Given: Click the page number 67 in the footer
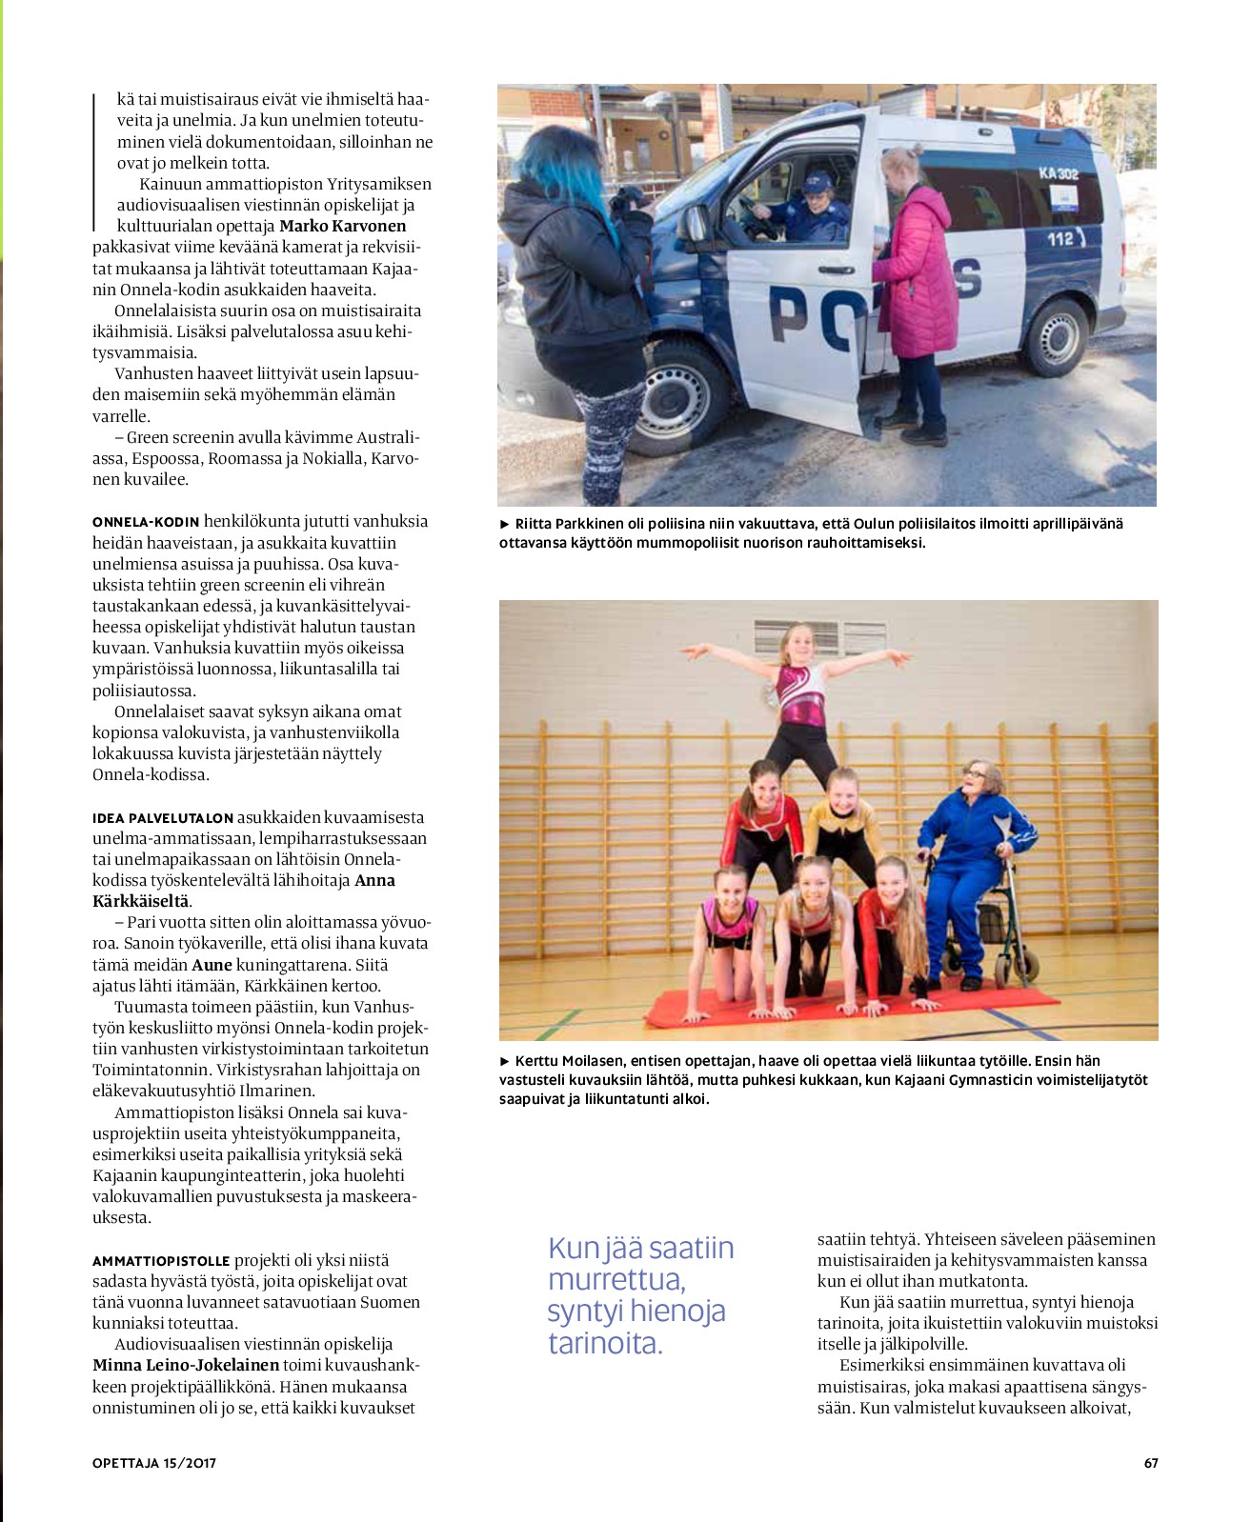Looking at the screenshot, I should coord(1151,1463).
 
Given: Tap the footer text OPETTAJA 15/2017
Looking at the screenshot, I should coord(154,1463).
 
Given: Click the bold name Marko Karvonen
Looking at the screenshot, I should coord(342,226).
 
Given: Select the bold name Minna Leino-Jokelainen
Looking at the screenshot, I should coord(186,1365).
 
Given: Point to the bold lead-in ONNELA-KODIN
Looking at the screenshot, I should coord(146,522).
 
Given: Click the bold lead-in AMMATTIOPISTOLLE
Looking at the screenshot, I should coord(161,1261).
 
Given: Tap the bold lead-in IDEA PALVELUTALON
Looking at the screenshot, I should coord(163,818).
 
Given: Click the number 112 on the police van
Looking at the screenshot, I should coord(1060,239).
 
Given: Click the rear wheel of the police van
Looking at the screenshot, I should coord(1055,336).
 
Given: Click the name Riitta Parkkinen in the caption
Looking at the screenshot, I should coord(570,524).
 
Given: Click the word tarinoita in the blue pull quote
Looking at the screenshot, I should coord(604,1343).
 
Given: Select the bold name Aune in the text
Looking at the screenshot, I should coord(212,965).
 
